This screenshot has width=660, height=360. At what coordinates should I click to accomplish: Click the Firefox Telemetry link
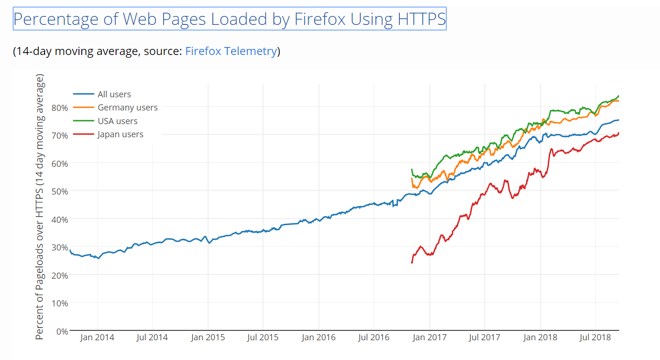coord(231,51)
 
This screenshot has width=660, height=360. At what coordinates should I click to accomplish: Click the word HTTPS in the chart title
coord(421,19)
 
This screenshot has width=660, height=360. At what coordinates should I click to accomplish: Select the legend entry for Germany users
coord(127,108)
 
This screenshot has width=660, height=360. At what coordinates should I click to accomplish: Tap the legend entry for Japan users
coord(120,134)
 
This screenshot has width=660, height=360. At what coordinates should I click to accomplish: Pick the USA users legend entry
coord(117,121)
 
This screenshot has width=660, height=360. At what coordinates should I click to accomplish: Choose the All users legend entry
coord(114,94)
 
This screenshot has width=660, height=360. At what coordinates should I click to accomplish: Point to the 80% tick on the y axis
coord(60,108)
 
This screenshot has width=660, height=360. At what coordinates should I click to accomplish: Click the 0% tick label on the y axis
coord(62,331)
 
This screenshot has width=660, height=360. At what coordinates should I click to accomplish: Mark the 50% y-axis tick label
coord(60,191)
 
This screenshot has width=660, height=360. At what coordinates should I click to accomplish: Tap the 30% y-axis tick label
coord(60,247)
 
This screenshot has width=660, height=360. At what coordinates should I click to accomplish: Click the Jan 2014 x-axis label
coord(97,337)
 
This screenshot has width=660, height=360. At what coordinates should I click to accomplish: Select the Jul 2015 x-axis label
coord(263,337)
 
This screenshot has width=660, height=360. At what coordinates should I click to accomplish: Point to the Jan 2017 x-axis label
coord(429,337)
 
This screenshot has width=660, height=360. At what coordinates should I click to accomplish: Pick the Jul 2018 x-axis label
coord(595,337)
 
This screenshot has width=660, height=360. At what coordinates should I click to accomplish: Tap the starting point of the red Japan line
coord(412,262)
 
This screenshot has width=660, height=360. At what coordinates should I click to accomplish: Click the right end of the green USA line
coord(618,96)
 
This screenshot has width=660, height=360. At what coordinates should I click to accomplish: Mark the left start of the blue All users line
coord(70,250)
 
